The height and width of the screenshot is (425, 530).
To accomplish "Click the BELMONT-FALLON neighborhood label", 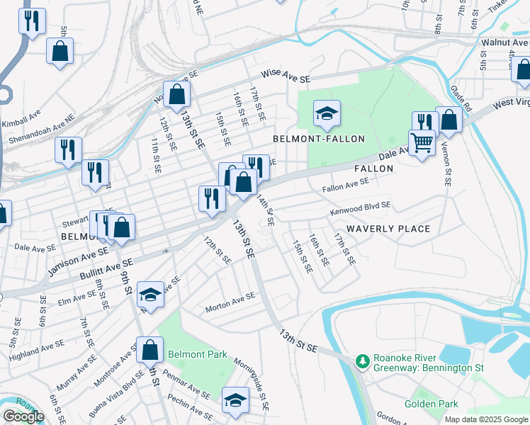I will coord(319,139).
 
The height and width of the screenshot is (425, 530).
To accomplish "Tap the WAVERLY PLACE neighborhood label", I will coord(388,228).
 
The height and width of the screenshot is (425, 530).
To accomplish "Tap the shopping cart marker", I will coord(422,143).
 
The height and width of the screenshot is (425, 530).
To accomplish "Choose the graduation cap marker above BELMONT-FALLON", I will coord(327,113).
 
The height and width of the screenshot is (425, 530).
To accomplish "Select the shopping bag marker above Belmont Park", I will coord(150,349).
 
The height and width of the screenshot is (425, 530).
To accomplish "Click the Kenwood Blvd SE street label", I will coord(360,208).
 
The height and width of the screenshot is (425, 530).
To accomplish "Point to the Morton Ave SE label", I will coord(230,302).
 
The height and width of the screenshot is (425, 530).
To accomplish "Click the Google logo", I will coord(23,416).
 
